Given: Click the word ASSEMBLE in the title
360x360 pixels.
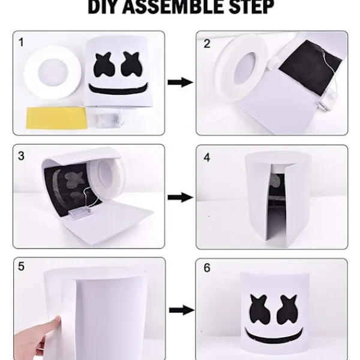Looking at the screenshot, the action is [173, 7].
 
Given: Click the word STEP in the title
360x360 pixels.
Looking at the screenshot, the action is [251, 7].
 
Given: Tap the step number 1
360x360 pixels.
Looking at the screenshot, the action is [21, 43].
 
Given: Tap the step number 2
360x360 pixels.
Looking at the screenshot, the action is [207, 44].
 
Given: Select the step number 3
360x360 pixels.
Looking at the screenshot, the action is [21, 156].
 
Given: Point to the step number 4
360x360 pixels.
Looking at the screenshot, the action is [207, 158].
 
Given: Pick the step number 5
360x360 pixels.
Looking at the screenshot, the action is [21, 266].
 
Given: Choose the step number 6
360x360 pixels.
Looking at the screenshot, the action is [207, 268].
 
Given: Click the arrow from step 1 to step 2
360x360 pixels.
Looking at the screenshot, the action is [181, 82].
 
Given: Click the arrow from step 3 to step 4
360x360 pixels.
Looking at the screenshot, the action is [181, 197].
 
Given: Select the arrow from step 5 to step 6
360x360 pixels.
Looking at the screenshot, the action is [182, 310].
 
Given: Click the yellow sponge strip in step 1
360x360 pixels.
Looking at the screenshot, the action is [57, 118].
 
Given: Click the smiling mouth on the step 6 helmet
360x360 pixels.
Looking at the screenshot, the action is [274, 335].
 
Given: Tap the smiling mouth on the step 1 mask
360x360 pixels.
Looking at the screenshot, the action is [118, 89].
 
